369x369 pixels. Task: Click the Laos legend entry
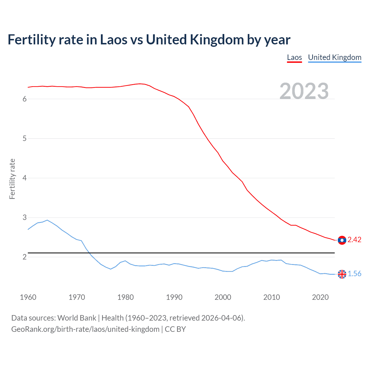[294, 57]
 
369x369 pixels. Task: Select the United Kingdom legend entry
[334, 57]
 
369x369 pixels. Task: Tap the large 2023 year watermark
[304, 91]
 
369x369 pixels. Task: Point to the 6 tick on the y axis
[25, 99]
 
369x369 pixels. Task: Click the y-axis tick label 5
[25, 139]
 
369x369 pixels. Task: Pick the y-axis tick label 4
[25, 178]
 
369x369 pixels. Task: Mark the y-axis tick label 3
[25, 217]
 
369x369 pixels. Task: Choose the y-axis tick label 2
[25, 257]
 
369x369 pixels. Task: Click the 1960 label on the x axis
[28, 297]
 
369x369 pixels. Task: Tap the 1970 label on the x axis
[77, 297]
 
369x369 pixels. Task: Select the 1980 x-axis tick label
[125, 297]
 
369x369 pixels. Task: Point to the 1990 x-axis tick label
[174, 297]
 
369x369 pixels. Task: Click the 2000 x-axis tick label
[223, 297]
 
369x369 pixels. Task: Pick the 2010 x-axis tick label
[272, 297]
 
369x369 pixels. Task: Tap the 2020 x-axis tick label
[320, 297]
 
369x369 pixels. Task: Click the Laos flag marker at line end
[342, 240]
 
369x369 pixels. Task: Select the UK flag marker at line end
[342, 274]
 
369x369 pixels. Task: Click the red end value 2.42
[354, 240]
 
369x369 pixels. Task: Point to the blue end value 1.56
[354, 274]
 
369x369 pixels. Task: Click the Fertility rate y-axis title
[12, 179]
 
